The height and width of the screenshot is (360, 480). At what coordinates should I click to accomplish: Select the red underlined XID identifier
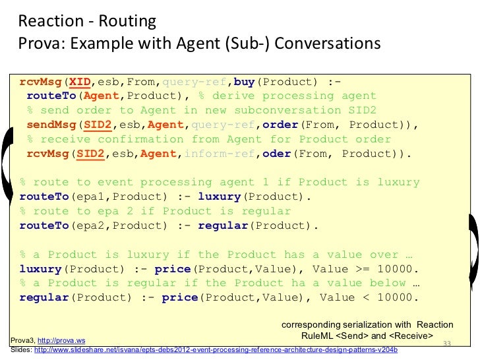click(x=80, y=82)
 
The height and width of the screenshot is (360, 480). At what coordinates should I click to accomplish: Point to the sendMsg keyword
click(x=48, y=125)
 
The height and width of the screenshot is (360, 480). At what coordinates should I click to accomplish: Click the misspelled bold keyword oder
click(x=276, y=154)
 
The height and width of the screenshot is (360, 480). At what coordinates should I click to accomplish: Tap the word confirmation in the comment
click(x=144, y=139)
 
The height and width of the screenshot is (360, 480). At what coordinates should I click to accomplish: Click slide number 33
click(x=446, y=344)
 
